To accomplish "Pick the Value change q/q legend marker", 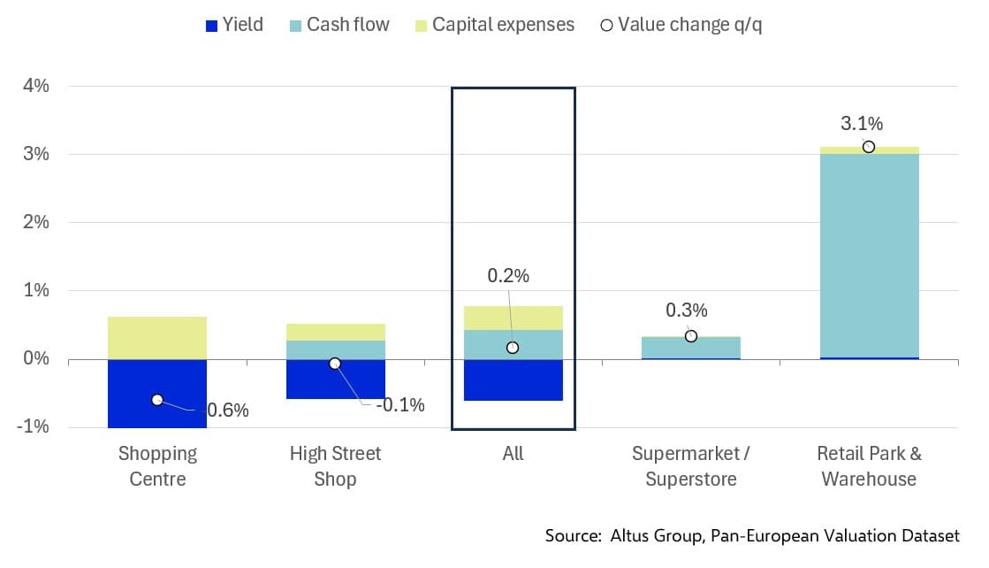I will coord(605,25).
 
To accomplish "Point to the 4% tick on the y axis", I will coord(36,87).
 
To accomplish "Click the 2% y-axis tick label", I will coord(36,222).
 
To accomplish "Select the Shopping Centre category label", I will coord(157,466).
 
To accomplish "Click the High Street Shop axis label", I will coord(335,466).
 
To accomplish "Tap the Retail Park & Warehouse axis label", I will coord(869,466).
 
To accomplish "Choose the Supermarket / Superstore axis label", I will coord(691,466).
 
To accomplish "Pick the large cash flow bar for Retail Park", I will coord(869,256).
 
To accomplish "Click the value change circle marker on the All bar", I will coord(513,348).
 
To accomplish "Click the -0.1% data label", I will coord(399,405).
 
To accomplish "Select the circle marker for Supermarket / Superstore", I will coord(691,336).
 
